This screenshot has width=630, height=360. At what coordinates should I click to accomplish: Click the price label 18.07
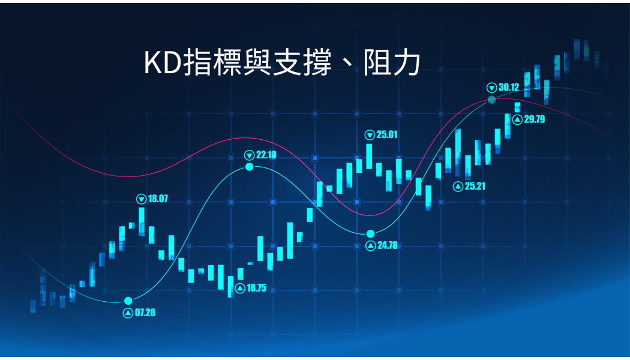coord(158,199)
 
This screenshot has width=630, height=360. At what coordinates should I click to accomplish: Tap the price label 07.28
coord(145,313)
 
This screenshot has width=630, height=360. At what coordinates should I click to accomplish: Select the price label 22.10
coord(266,155)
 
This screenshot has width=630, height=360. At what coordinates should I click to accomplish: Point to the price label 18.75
coord(256,287)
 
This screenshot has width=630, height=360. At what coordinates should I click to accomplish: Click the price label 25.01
coord(387,134)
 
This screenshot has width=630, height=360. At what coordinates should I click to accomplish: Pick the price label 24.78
coord(388,245)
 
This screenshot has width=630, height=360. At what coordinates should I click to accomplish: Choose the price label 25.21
coord(475,186)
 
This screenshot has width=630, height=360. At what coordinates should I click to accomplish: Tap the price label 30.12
coord(509,87)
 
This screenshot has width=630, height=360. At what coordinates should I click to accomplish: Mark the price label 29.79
coord(535,119)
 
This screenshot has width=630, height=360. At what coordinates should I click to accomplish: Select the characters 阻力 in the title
coord(392,63)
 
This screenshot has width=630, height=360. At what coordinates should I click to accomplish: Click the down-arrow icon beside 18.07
coord(142,199)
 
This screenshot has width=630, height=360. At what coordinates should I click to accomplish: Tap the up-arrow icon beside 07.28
coord(128,313)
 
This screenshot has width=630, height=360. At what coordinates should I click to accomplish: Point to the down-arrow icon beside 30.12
coord(492,88)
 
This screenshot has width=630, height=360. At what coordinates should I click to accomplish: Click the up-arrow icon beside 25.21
coord(458,187)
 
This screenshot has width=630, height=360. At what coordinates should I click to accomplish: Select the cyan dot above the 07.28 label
coord(128,301)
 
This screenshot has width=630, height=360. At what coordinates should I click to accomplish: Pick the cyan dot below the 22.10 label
coord(250,167)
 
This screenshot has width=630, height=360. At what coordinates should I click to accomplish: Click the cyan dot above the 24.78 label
coord(370,234)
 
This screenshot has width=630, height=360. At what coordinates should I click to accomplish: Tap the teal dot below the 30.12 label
coord(492,100)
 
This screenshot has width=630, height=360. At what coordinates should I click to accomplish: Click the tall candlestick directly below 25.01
coord(369,156)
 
